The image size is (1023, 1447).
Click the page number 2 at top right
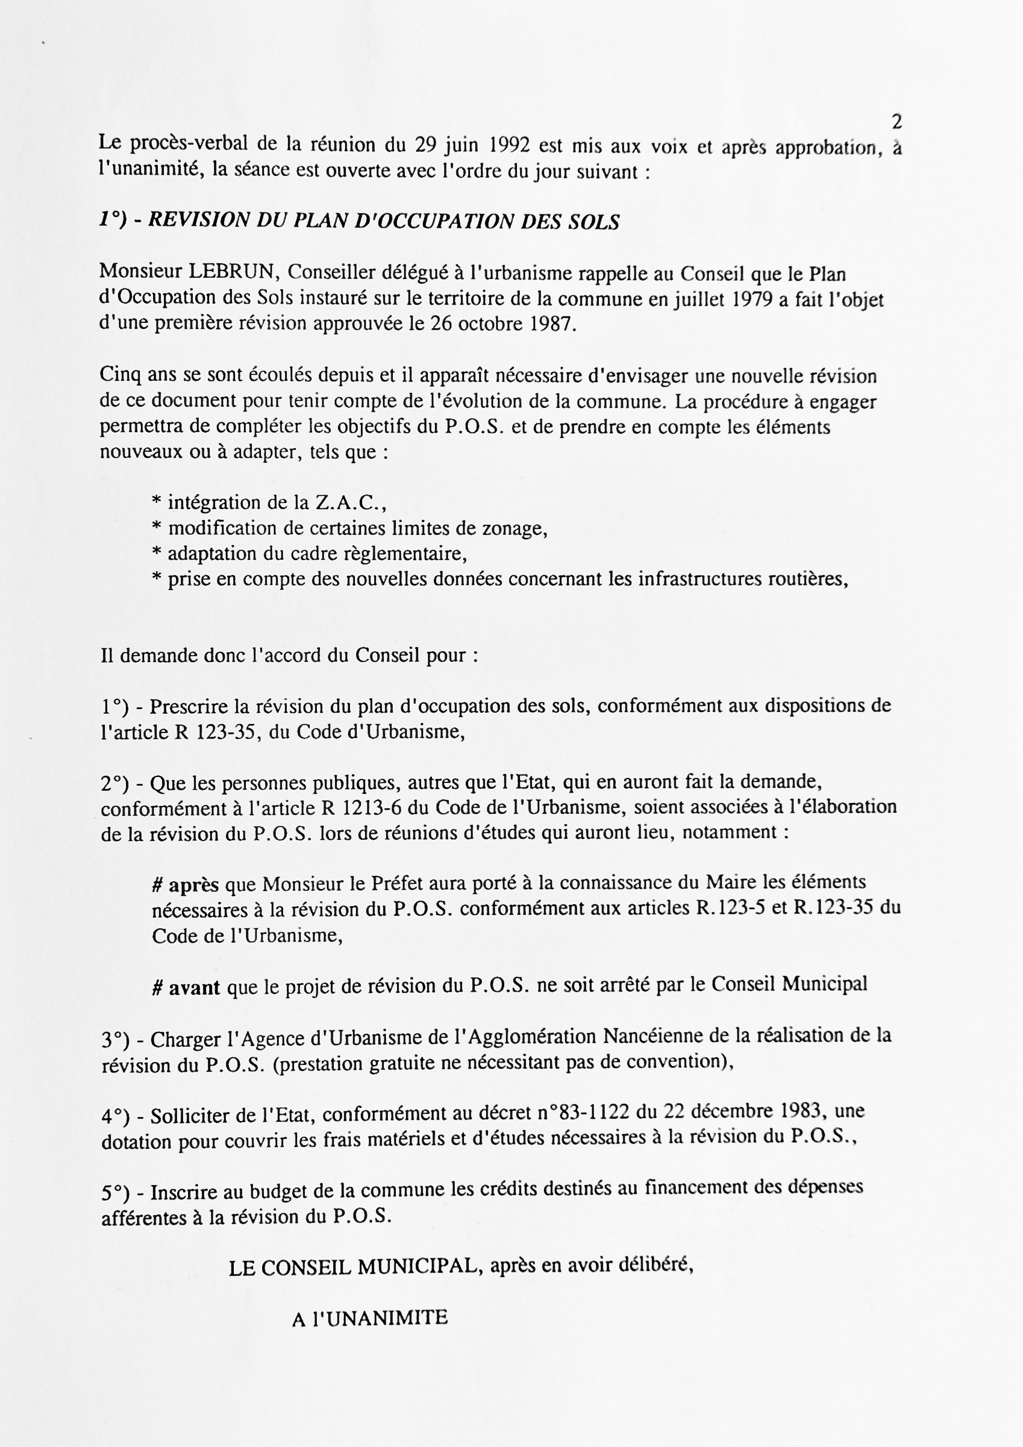(897, 121)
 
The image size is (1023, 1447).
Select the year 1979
(753, 299)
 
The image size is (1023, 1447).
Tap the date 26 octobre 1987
(503, 324)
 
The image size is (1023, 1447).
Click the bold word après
(193, 886)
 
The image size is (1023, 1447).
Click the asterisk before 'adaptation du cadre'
(157, 554)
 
